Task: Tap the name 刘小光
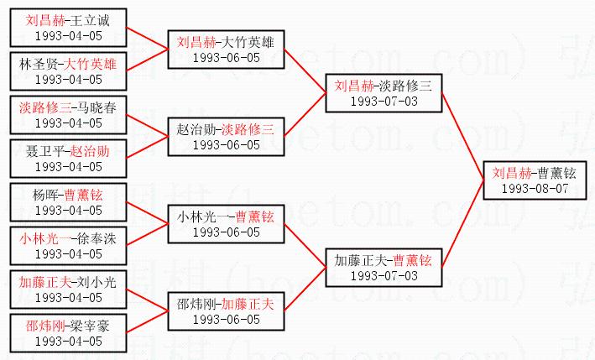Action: pyautogui.click(x=97, y=283)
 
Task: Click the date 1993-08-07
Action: pyautogui.click(x=534, y=189)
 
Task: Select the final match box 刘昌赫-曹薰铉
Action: pyautogui.click(x=534, y=181)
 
